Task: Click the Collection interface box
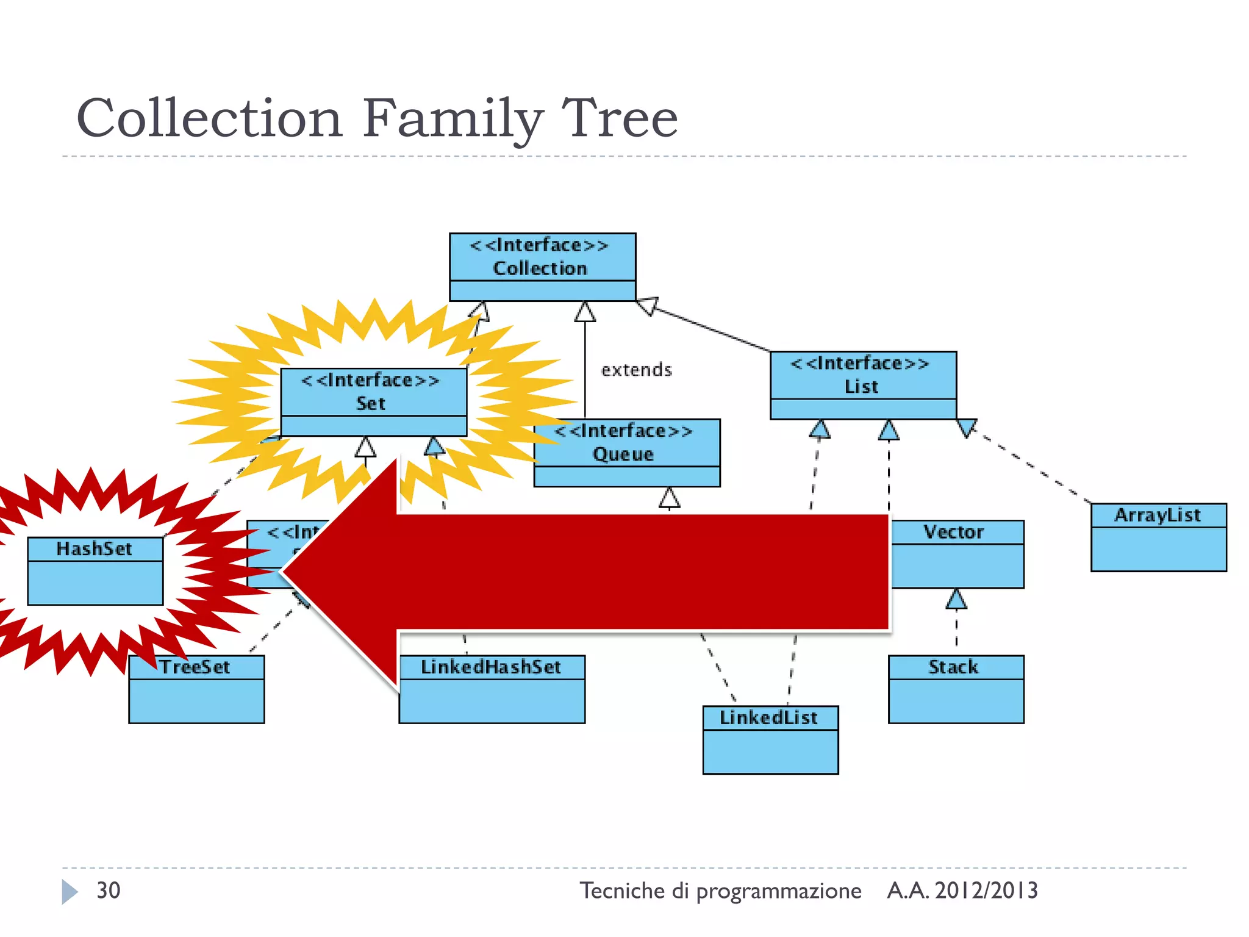pos(542,267)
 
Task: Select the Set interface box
pos(374,401)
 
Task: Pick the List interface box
pos(863,385)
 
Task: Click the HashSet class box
pos(95,570)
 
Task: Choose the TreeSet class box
pos(196,689)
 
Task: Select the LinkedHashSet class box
pos(492,689)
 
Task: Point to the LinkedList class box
pos(770,740)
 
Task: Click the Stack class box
pos(956,689)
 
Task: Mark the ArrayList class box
pos(1158,537)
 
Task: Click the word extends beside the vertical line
pos(636,370)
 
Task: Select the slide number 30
pos(109,891)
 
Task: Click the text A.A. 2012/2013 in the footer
pos(962,891)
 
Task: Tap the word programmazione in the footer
pos(779,891)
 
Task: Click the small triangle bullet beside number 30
pos(70,892)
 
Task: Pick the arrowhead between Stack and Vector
pos(956,599)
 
